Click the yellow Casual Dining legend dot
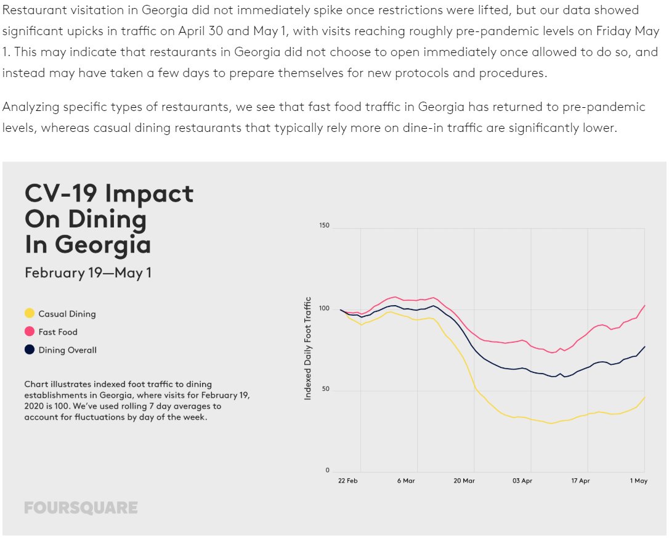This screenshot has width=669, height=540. coord(30,314)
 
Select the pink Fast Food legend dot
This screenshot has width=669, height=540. coord(30,332)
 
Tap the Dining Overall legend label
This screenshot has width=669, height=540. coord(67,350)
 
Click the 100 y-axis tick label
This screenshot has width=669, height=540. coord(324,308)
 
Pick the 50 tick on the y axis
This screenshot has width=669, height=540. coord(325,390)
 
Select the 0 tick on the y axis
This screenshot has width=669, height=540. coord(327,471)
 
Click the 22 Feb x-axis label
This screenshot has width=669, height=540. coord(348,481)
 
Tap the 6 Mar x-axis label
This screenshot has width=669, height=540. coord(406,481)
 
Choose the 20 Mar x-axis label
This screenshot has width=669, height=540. coord(464,481)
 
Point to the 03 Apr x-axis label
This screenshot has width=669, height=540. coord(522,481)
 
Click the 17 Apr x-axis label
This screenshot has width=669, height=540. coord(580,481)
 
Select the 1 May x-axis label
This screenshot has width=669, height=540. coord(638,481)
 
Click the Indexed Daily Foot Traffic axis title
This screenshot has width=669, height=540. coord(308,348)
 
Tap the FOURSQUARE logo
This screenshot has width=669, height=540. coord(81,508)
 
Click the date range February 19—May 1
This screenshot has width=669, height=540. coord(88,272)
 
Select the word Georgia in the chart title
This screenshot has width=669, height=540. coord(102,244)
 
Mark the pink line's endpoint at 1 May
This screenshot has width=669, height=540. coord(644,305)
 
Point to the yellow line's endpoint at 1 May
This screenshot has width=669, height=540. coord(644,398)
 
